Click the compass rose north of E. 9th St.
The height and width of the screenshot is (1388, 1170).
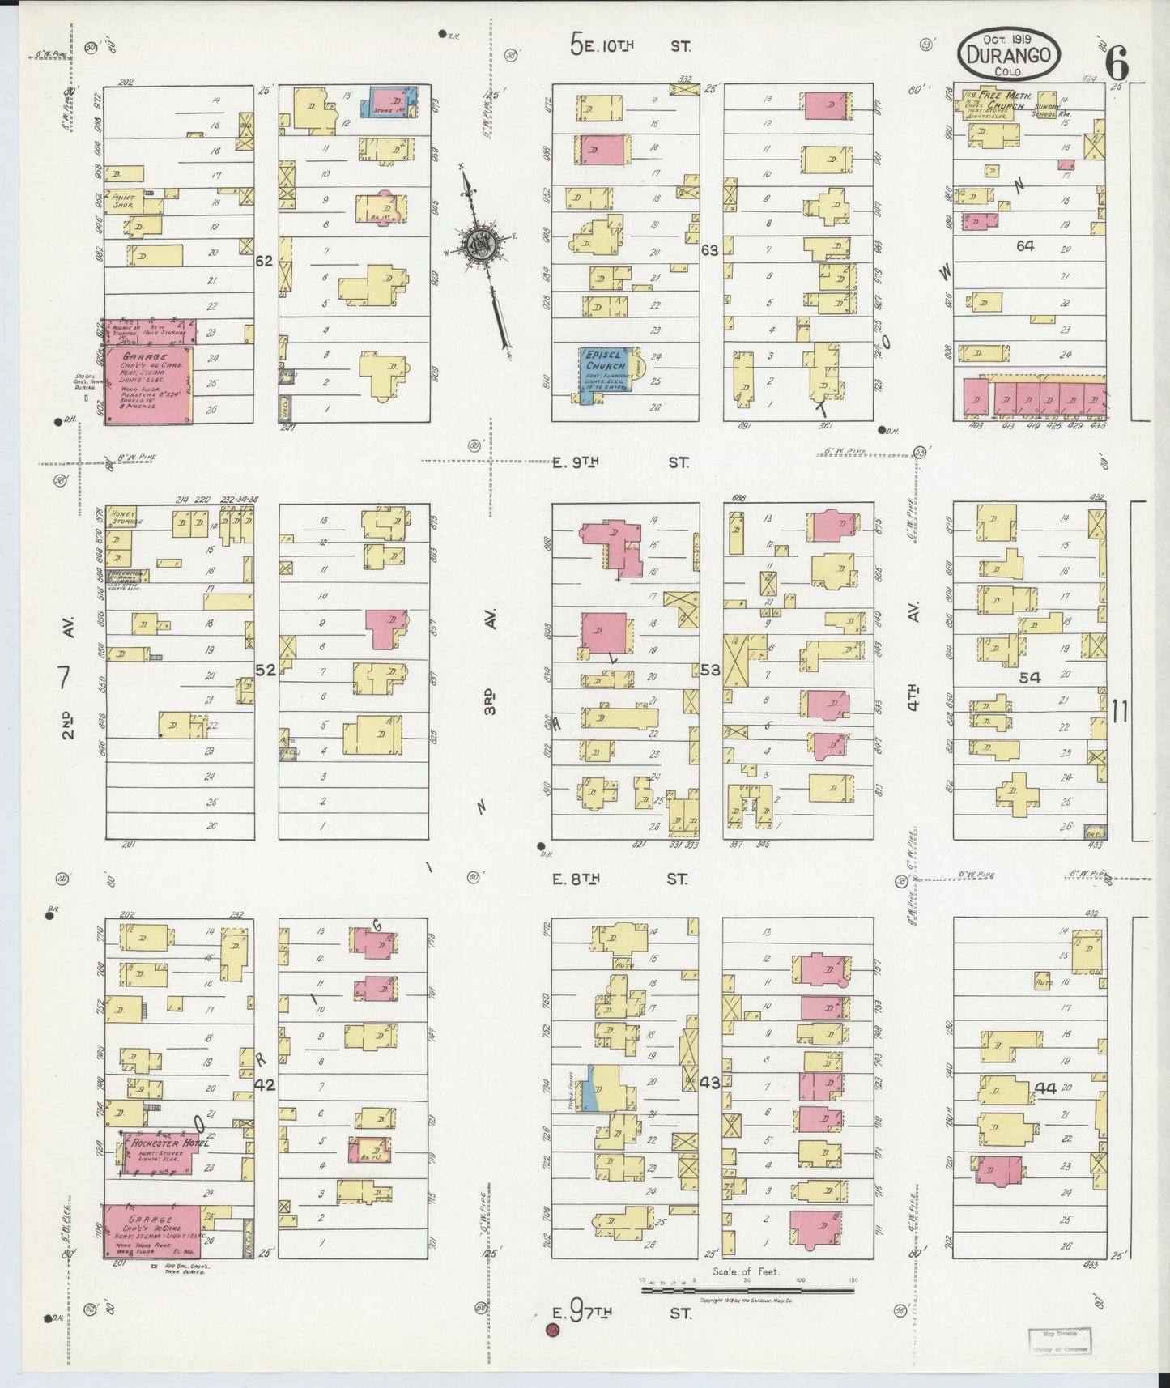(x=480, y=245)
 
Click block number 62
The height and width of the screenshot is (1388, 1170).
(x=264, y=262)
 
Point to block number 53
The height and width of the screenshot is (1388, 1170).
(x=710, y=669)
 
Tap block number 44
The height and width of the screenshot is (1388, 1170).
(x=1046, y=1088)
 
